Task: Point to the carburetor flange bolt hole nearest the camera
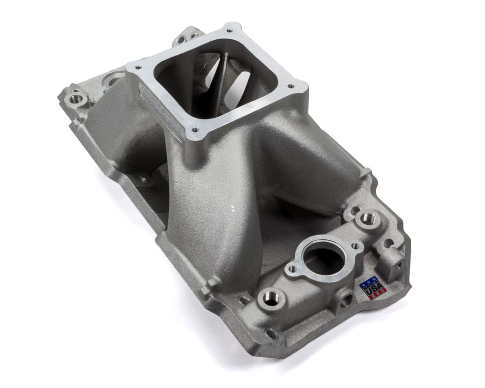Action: click(195, 129)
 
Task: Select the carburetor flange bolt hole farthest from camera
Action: click(229, 30)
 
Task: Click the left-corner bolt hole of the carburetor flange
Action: click(138, 68)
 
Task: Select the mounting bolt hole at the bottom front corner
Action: click(272, 334)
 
